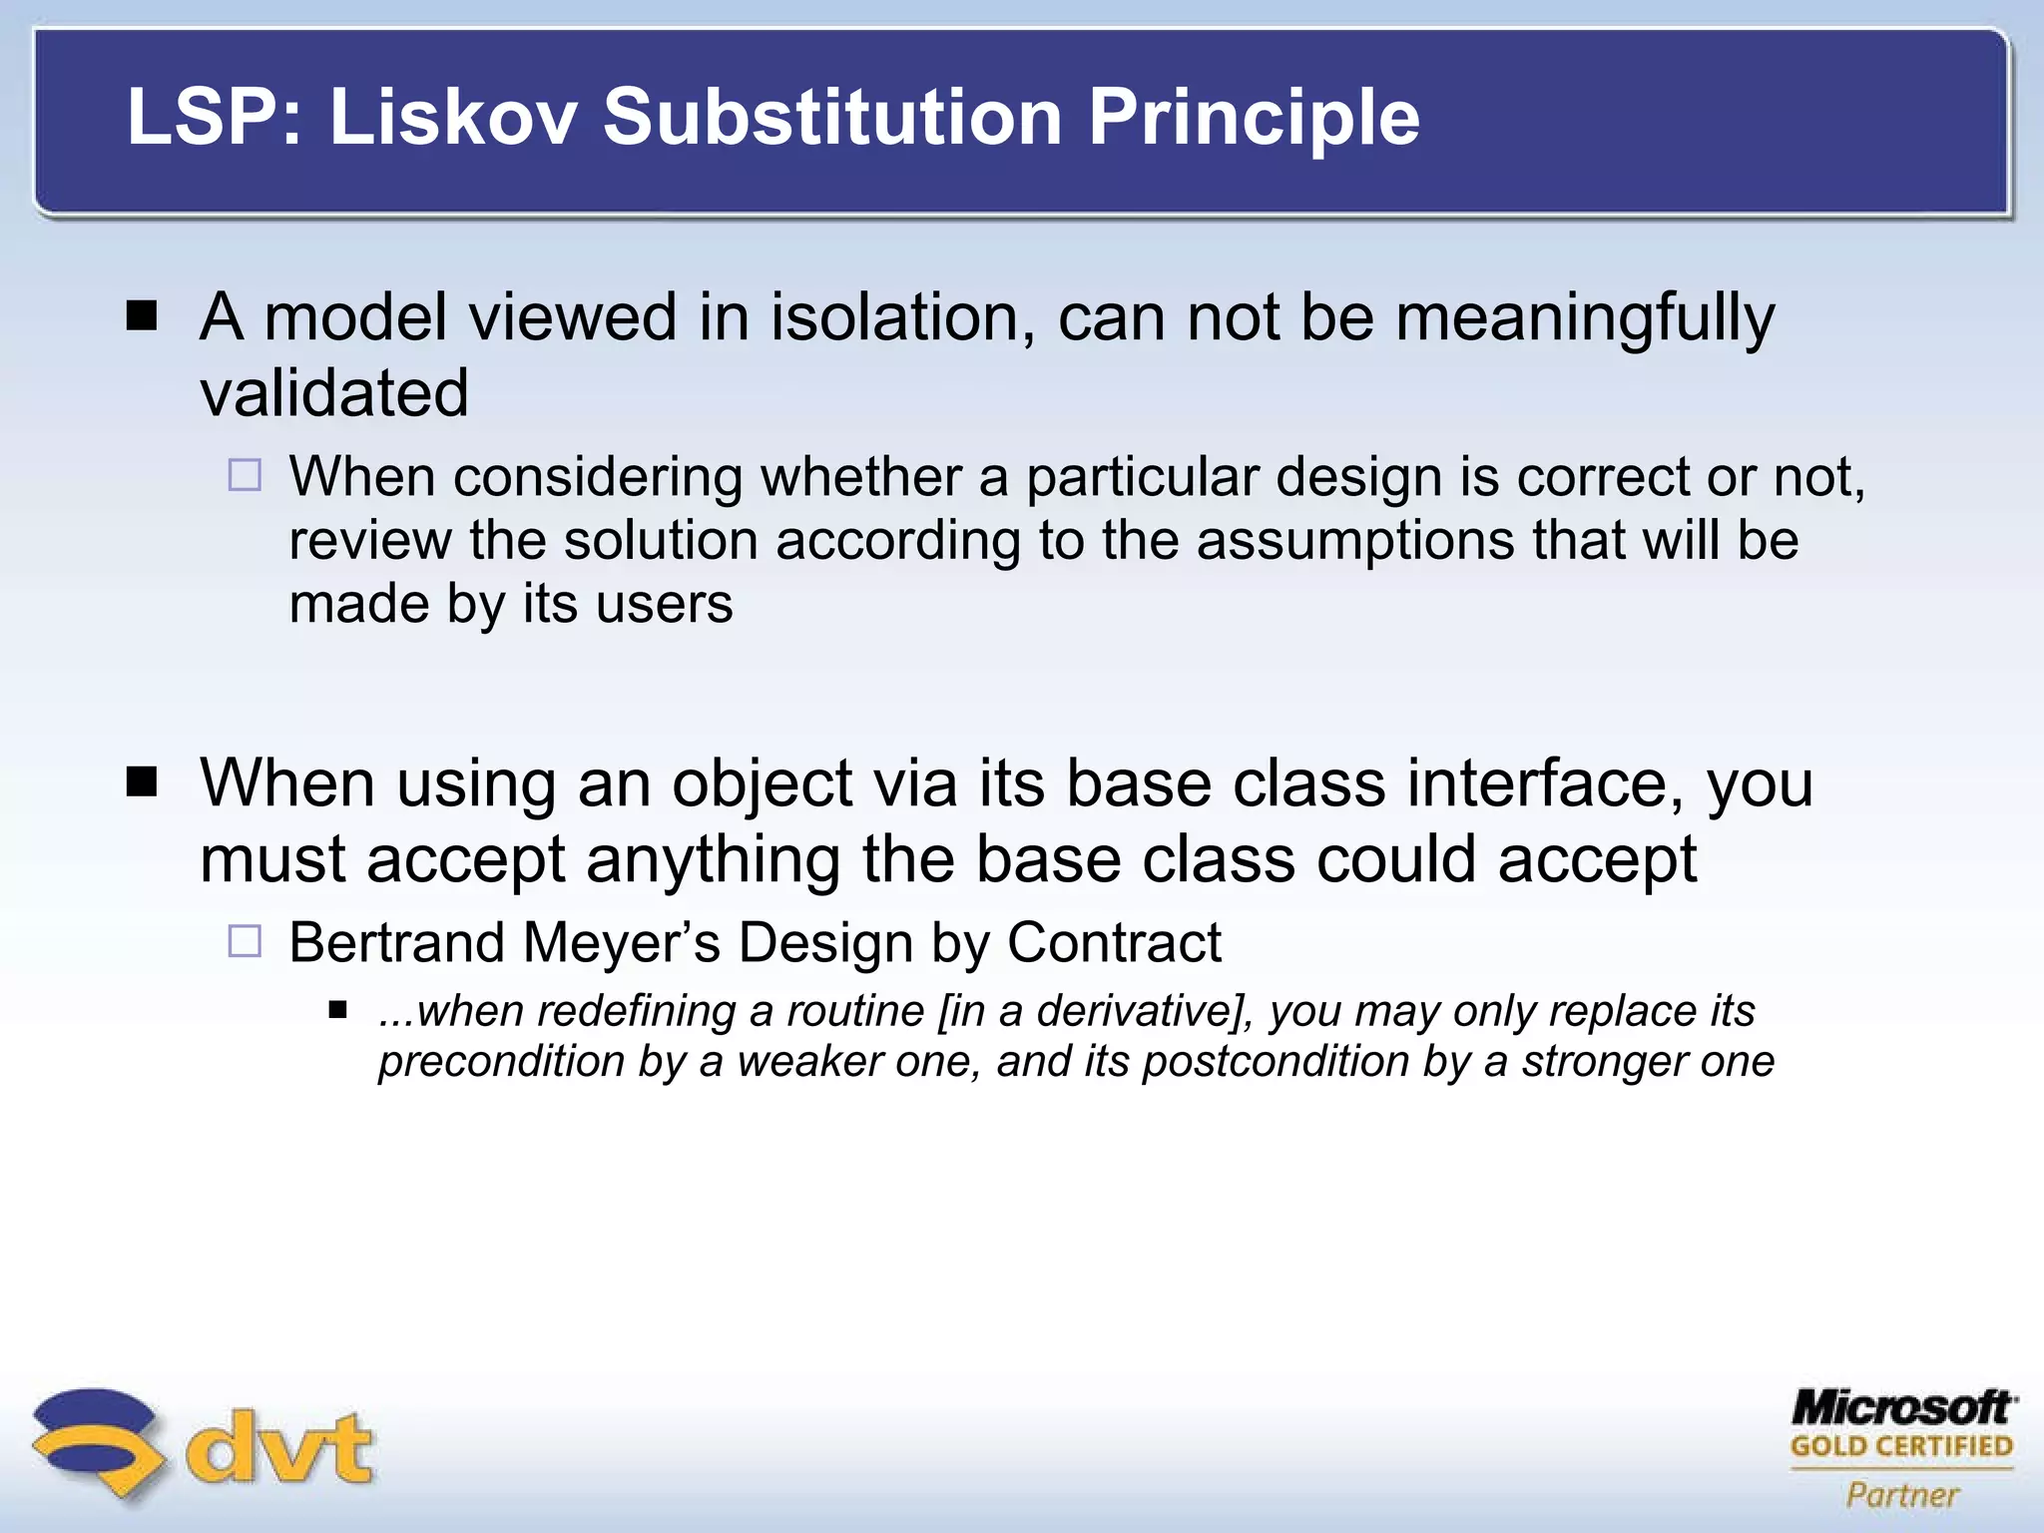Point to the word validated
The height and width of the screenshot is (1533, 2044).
334,393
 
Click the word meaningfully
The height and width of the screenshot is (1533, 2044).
1584,317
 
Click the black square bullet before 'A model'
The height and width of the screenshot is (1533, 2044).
143,316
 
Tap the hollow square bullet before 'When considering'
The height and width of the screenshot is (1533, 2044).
245,475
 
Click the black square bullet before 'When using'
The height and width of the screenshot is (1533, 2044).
143,782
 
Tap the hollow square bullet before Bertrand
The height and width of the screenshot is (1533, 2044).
245,941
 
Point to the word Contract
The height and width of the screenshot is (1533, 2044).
1114,942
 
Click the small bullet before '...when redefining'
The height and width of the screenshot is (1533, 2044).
337,1011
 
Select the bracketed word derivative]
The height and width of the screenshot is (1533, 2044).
1145,1011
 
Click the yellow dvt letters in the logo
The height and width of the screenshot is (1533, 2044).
279,1447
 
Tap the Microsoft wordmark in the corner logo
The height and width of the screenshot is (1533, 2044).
1902,1408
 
